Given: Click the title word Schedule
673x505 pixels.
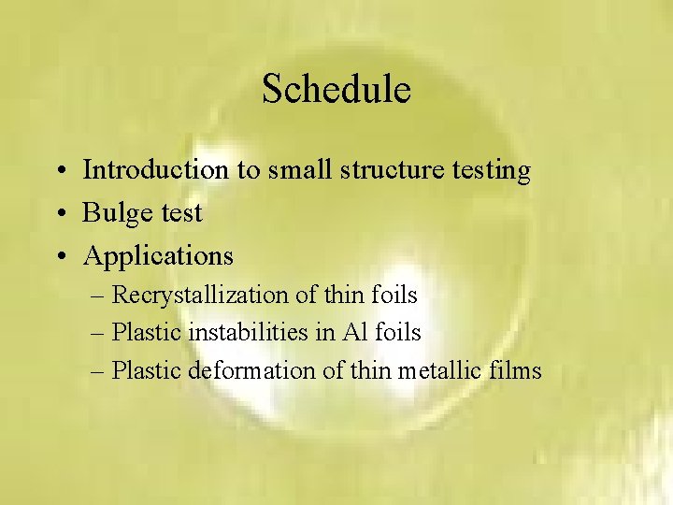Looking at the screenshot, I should point(336,90).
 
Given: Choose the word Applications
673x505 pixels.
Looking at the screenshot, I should point(158,256).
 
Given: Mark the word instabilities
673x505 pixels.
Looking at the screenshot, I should point(245,332).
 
